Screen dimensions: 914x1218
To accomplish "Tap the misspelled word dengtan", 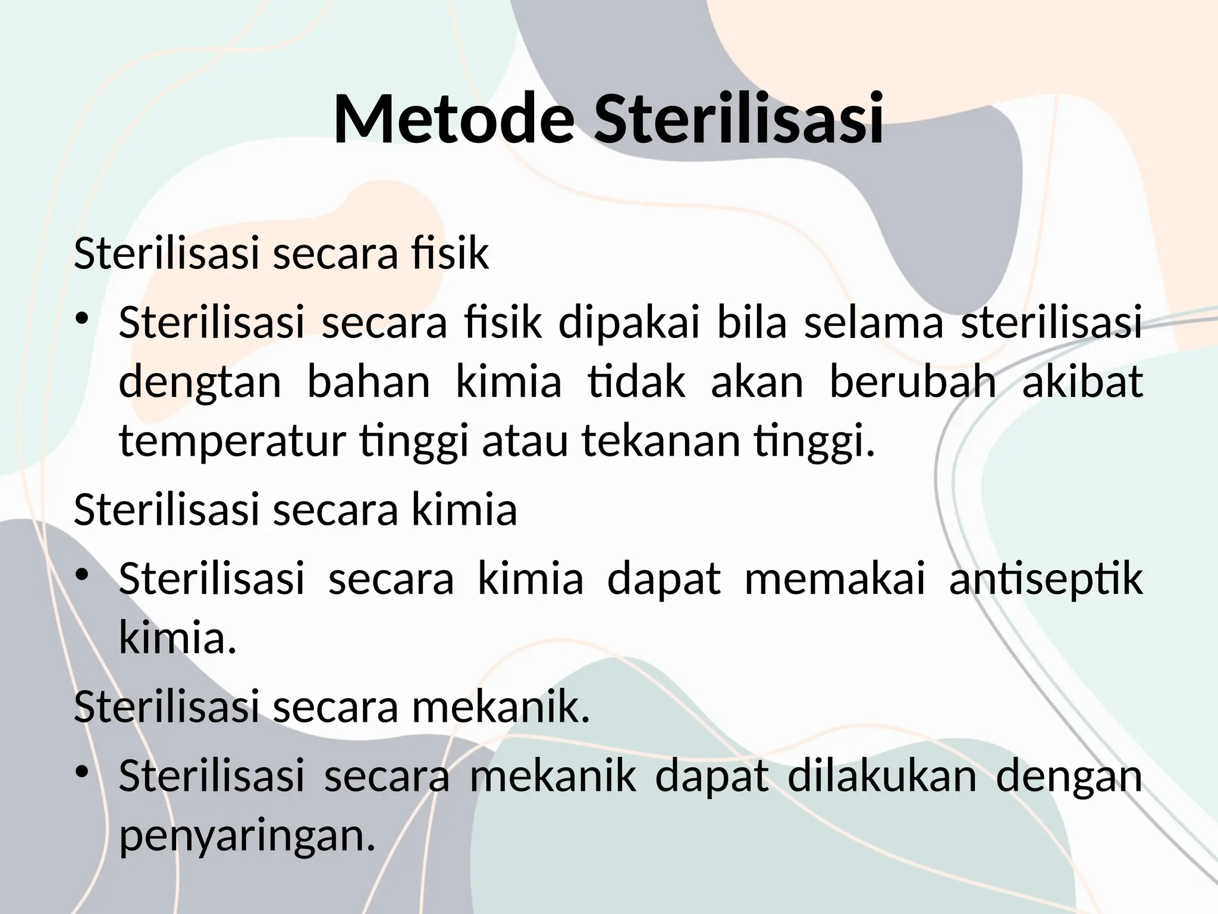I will point(200,383).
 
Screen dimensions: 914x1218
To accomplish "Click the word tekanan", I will point(660,441).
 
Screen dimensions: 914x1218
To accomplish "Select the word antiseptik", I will point(1046,579).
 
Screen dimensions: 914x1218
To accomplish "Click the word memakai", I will point(835,578).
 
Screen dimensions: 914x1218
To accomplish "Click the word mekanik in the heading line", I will point(500,708).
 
